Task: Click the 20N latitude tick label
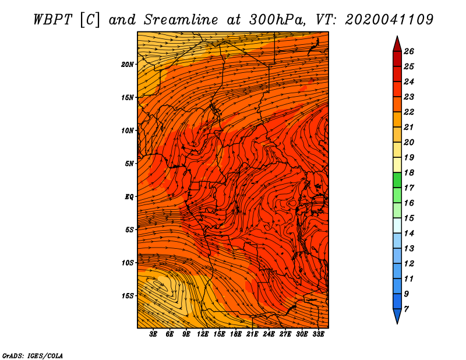click(128, 65)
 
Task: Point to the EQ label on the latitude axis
click(129, 197)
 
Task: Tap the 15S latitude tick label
click(128, 296)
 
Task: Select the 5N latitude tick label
click(129, 164)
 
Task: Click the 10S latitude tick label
click(128, 263)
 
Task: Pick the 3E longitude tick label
click(153, 334)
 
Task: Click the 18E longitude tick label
click(236, 334)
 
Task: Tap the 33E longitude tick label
click(318, 334)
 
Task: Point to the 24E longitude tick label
click(269, 334)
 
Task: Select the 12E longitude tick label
click(203, 334)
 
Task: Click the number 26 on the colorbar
click(409, 51)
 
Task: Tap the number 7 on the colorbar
click(407, 309)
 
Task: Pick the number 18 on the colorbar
click(409, 172)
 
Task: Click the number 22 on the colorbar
click(409, 112)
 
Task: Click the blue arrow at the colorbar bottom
click(397, 315)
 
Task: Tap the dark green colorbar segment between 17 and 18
click(397, 180)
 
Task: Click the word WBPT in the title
click(52, 20)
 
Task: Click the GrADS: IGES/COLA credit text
click(33, 355)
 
